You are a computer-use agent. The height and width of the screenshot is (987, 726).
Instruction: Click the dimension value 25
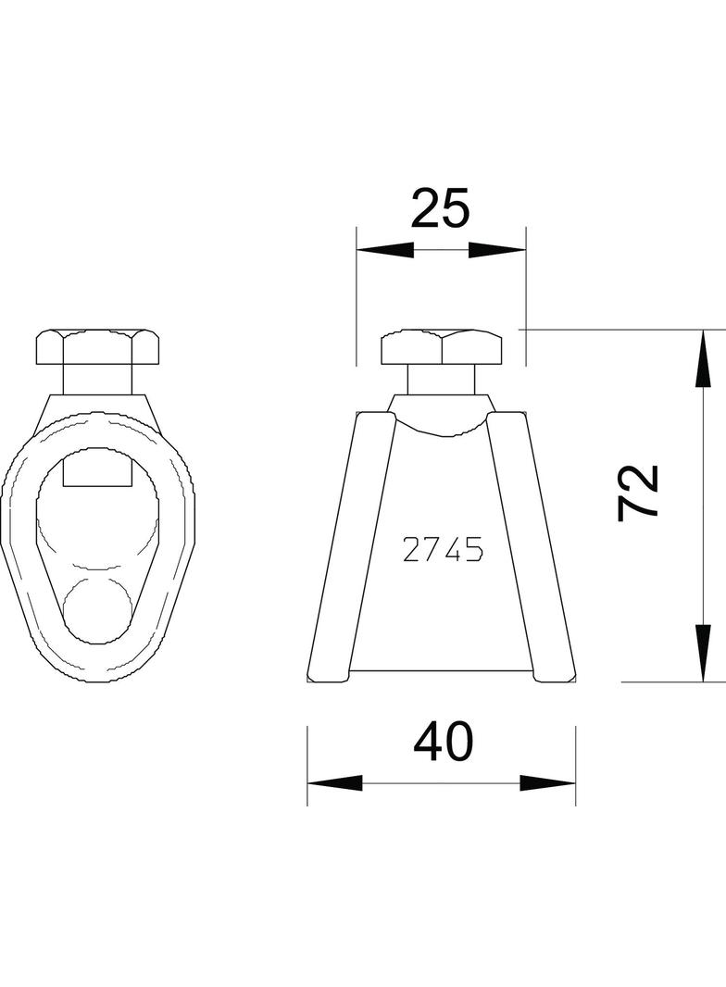point(440,208)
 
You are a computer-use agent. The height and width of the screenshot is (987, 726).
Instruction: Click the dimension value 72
point(639,492)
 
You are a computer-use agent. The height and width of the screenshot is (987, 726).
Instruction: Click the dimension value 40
point(443,742)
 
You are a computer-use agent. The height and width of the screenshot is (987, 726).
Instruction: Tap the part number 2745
point(443,550)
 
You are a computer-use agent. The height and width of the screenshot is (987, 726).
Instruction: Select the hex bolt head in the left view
point(97,347)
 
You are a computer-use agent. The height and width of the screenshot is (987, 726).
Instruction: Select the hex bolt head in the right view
point(442,347)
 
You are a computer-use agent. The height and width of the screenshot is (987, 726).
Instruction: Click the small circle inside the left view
point(97,611)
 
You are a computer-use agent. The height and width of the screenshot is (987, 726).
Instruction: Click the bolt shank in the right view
point(442,380)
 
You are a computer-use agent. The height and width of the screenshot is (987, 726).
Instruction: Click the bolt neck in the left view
point(97,380)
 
